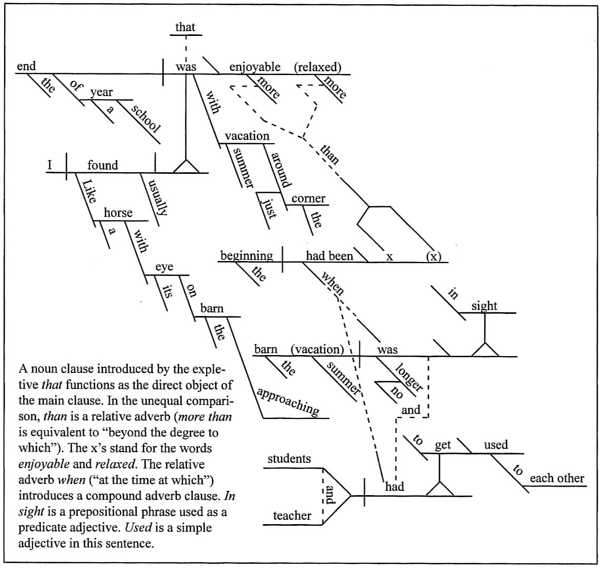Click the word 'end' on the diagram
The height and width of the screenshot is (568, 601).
(26, 67)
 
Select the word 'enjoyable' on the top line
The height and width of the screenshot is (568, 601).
(254, 67)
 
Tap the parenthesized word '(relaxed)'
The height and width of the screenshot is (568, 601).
(318, 67)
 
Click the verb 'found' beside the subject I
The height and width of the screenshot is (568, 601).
(102, 165)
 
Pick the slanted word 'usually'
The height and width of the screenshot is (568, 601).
(154, 196)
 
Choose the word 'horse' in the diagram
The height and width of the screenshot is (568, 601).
(118, 213)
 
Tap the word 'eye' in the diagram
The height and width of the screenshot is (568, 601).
(164, 267)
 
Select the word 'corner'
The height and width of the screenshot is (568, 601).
(308, 199)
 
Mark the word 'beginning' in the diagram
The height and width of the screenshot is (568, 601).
(247, 256)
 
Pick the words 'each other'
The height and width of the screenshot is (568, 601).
(557, 479)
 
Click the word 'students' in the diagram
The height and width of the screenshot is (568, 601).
(289, 459)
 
